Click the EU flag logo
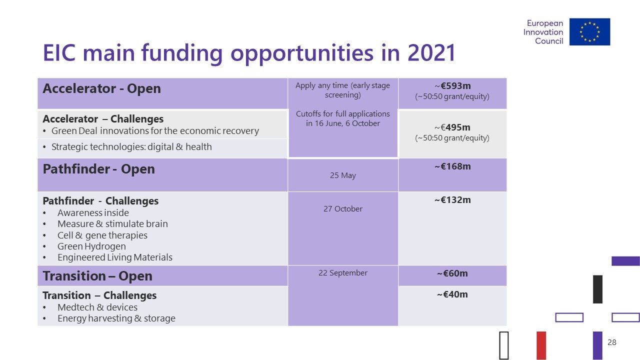click(x=589, y=31)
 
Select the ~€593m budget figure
click(x=452, y=85)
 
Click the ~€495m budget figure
click(x=452, y=127)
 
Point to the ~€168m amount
click(x=452, y=166)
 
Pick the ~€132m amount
click(x=452, y=200)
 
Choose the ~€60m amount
click(x=452, y=273)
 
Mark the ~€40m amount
click(x=452, y=294)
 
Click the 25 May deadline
click(x=343, y=175)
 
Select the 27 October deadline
click(x=343, y=209)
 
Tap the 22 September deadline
click(x=343, y=273)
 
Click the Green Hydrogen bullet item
click(x=91, y=246)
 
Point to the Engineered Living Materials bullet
click(x=115, y=257)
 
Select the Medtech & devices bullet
click(x=97, y=307)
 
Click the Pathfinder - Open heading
click(x=99, y=169)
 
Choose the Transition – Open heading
click(x=97, y=276)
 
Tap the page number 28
click(x=611, y=342)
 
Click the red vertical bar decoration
click(x=541, y=345)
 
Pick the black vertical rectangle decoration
click(x=597, y=289)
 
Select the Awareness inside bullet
click(x=93, y=213)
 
